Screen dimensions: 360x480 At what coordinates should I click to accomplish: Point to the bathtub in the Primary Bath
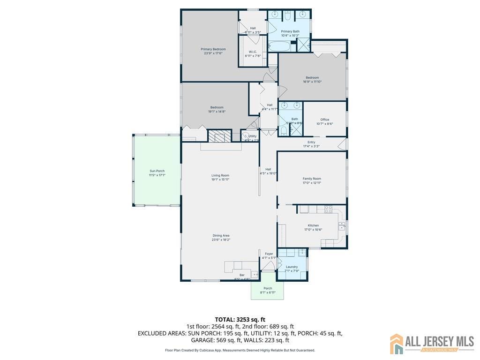click(x=280, y=46)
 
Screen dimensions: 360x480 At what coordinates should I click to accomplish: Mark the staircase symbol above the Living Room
click(x=220, y=136)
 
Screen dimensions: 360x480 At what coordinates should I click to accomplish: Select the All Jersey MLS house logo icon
click(x=397, y=344)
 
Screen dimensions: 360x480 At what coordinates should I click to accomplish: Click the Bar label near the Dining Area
click(x=242, y=275)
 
